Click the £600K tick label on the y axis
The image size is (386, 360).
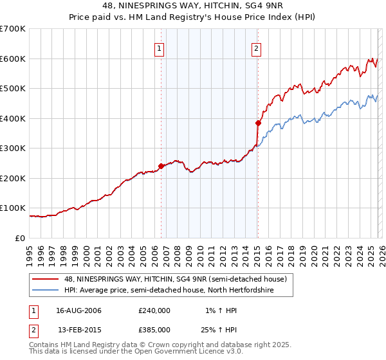13,59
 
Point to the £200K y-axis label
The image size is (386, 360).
13,178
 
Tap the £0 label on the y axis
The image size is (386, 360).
21,238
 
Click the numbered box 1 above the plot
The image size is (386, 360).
159,48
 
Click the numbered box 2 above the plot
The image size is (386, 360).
256,48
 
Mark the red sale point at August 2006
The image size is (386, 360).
161,166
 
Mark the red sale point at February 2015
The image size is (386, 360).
258,123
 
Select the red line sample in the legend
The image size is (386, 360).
46,279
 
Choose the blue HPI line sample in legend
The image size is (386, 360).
46,291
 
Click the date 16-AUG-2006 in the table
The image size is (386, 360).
79,310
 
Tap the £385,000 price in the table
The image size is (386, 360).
154,330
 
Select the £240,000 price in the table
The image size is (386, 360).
154,310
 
